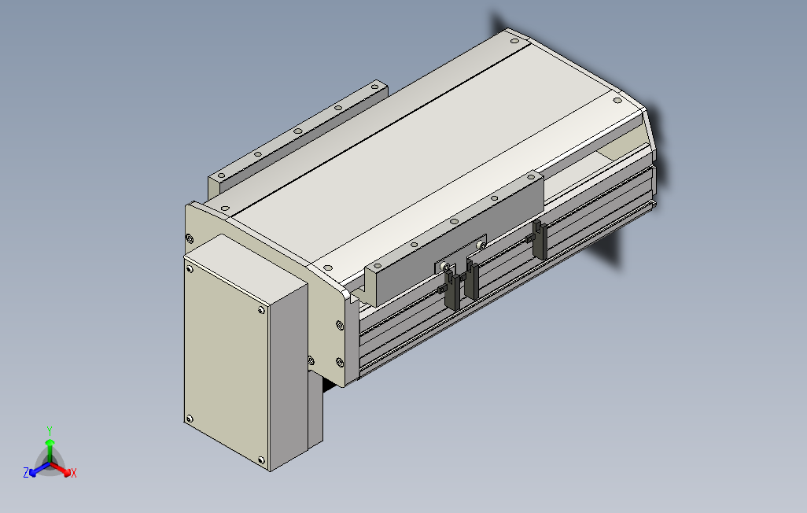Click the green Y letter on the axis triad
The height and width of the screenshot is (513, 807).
pyautogui.click(x=50, y=430)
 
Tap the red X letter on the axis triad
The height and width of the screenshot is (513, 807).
pyautogui.click(x=74, y=473)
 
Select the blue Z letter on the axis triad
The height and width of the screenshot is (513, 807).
pyautogui.click(x=26, y=472)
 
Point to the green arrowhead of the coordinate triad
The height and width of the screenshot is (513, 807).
pyautogui.click(x=50, y=442)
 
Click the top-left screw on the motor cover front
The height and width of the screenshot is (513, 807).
pyautogui.click(x=190, y=269)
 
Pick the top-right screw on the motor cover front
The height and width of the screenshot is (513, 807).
pyautogui.click(x=261, y=310)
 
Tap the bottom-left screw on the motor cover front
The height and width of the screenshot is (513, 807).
pyautogui.click(x=189, y=419)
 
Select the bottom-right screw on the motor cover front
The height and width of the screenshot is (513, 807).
pyautogui.click(x=260, y=460)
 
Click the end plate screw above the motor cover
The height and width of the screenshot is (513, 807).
pyautogui.click(x=190, y=238)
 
